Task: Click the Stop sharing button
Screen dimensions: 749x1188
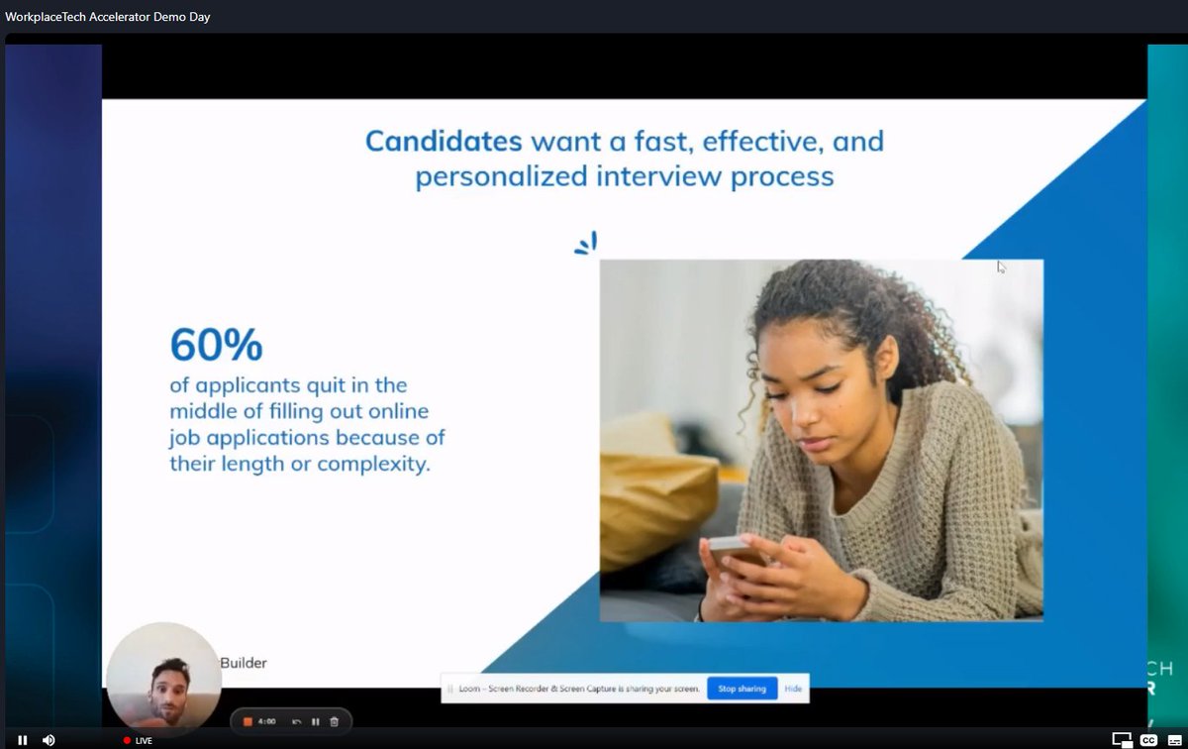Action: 742,689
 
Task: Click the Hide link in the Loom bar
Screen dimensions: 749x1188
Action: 793,689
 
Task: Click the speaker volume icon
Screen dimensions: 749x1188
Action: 49,740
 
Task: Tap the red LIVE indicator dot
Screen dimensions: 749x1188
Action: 127,740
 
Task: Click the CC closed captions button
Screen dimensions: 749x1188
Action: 1148,740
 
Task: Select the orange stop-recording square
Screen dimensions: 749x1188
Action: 247,721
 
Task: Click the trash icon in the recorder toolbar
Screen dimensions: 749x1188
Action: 334,721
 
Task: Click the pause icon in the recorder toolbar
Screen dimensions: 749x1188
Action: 315,721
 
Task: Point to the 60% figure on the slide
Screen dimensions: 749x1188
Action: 216,345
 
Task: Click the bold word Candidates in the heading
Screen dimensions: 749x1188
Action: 444,141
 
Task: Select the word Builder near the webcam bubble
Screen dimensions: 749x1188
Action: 244,663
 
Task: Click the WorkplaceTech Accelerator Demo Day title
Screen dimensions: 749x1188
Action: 107,17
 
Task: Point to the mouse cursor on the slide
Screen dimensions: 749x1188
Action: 1001,266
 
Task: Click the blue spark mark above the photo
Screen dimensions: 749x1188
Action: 586,244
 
